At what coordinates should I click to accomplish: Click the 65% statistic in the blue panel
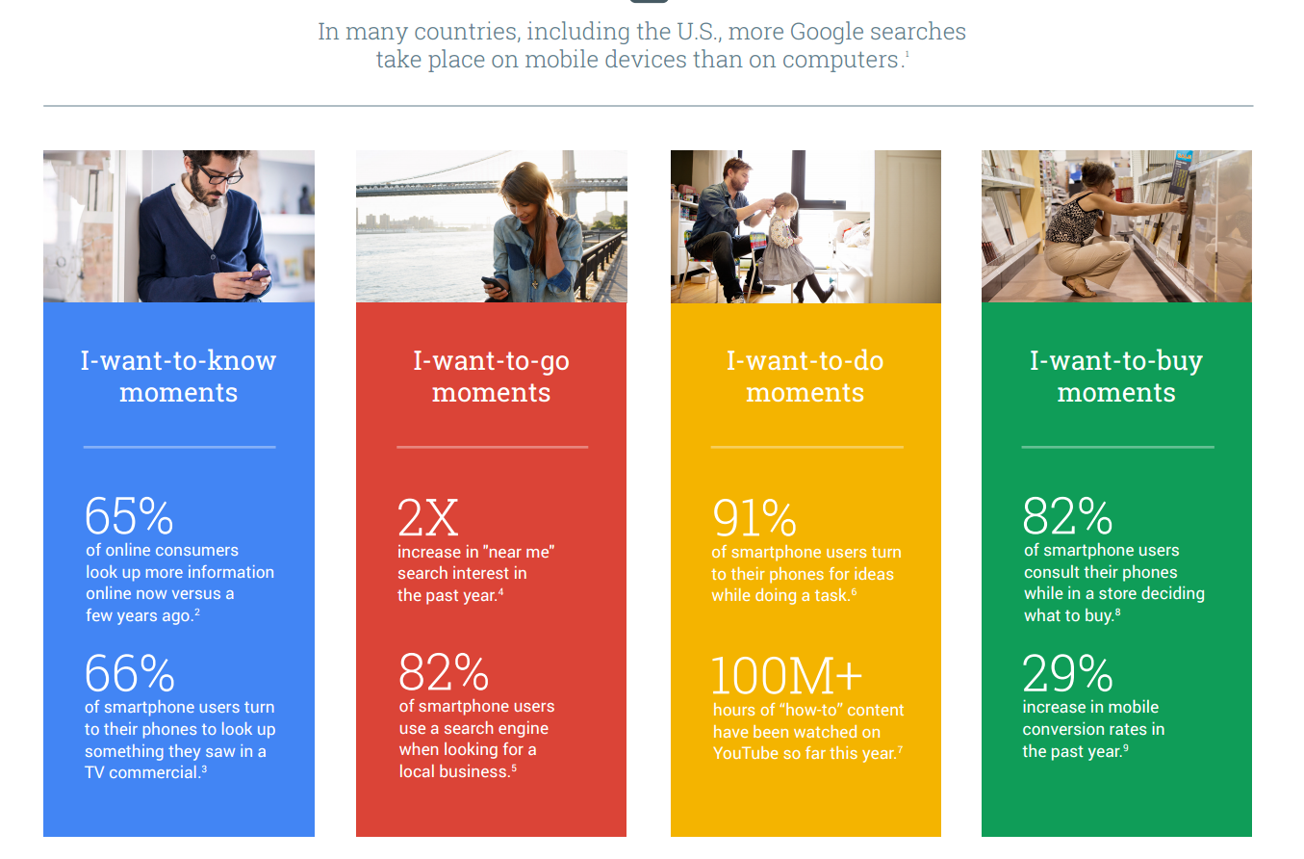129,516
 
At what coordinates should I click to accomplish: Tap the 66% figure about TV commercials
129,673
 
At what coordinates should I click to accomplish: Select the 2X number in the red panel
428,517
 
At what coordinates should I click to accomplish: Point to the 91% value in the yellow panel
754,518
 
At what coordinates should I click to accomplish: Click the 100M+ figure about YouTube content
786,676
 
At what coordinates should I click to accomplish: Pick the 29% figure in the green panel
1067,673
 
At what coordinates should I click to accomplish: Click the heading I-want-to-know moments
179,377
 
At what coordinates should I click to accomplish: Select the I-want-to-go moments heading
492,377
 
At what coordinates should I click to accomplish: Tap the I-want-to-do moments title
805,377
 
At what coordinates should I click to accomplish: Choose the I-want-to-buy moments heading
1116,377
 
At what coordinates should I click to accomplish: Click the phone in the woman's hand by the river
494,284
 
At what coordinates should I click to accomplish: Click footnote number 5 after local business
514,768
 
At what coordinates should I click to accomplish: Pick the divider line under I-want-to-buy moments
1117,447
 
